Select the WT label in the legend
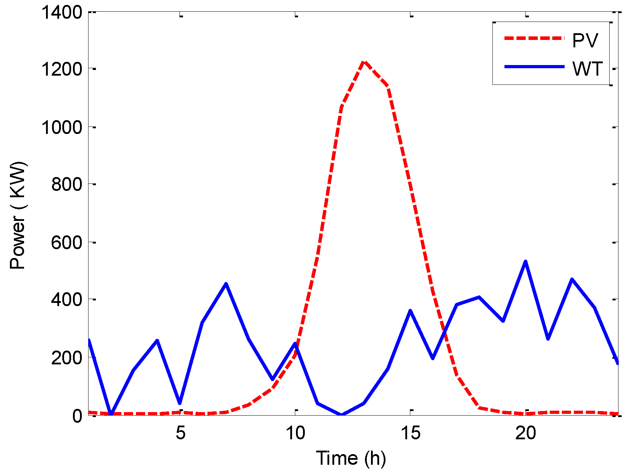pos(587,69)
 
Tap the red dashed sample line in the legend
pos(534,38)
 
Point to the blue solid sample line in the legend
pos(534,66)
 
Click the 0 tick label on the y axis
pos(77,416)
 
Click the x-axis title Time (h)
pos(350,458)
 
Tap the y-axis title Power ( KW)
pos(18,216)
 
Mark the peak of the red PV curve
pos(364,62)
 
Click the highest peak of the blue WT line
pos(526,262)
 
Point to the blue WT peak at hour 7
pos(226,284)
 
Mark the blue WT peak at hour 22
pos(572,279)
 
